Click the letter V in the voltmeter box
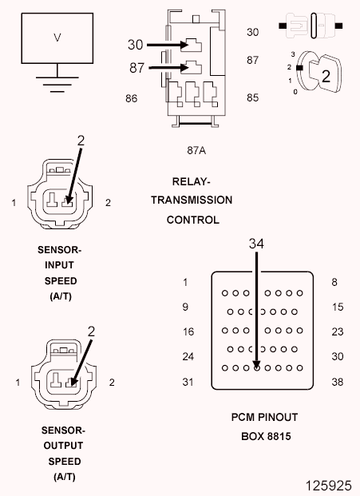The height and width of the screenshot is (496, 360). pos(56,38)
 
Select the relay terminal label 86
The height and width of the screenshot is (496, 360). pos(133,99)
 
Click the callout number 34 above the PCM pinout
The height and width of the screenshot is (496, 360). pos(255,242)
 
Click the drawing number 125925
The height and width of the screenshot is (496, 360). pos(326,484)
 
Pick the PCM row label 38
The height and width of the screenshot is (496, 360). pos(338,382)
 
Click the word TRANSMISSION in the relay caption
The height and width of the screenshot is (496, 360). pos(192,200)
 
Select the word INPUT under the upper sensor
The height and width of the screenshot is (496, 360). pos(60,265)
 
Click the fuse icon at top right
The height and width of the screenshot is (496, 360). pos(311,25)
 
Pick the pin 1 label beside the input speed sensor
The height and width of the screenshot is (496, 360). pos(14,203)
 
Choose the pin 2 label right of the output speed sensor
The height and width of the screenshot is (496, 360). pos(111,383)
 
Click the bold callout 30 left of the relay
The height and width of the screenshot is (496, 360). pos(136,45)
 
